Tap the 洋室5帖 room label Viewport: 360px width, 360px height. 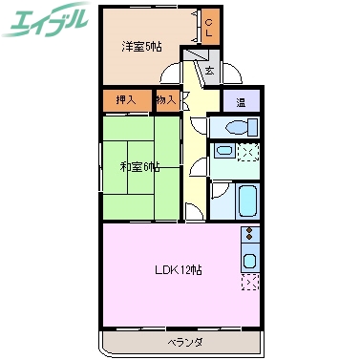pyautogui.click(x=140, y=47)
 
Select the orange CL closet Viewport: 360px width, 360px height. pyautogui.click(x=210, y=27)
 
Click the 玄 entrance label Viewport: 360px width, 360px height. pyautogui.click(x=209, y=70)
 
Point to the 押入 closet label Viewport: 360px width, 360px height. pyautogui.click(x=126, y=99)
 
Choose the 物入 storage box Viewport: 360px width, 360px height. pyautogui.click(x=165, y=99)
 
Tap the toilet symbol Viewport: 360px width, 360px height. pyautogui.click(x=237, y=127)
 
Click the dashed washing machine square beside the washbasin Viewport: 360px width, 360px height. pyautogui.click(x=246, y=151)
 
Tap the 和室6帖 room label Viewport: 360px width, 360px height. pyautogui.click(x=140, y=168)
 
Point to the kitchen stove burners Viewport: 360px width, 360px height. pyautogui.click(x=250, y=235)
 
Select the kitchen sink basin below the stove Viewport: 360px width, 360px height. pyautogui.click(x=250, y=259)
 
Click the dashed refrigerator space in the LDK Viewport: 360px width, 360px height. pyautogui.click(x=250, y=283)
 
